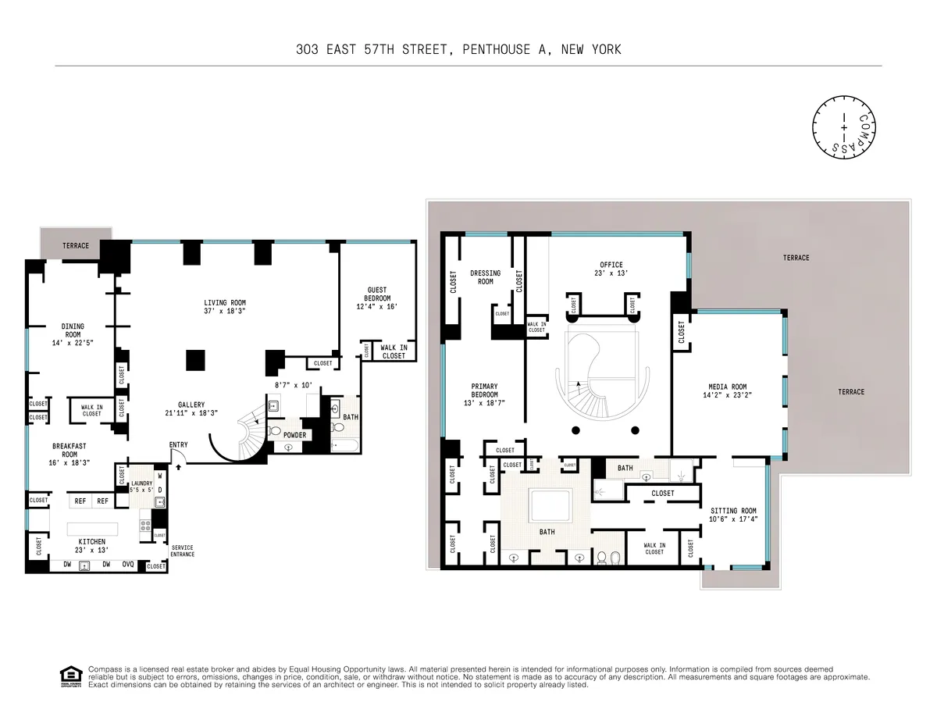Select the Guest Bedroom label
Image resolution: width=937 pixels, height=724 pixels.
(x=377, y=294)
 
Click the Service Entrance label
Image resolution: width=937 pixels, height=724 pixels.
(x=182, y=551)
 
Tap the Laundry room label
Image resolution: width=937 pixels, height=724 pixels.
(x=141, y=484)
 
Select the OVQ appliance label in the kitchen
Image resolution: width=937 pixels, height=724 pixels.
(x=127, y=564)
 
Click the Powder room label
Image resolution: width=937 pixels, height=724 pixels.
(x=294, y=435)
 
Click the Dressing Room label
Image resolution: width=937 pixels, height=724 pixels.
(x=485, y=277)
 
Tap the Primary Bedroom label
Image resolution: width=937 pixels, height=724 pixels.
(x=484, y=391)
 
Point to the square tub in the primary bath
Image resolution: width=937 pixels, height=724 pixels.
(x=552, y=507)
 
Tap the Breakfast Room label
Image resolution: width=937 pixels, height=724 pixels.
(x=69, y=450)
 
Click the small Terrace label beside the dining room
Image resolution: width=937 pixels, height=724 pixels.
(x=76, y=245)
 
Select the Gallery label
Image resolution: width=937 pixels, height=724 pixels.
(x=191, y=405)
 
